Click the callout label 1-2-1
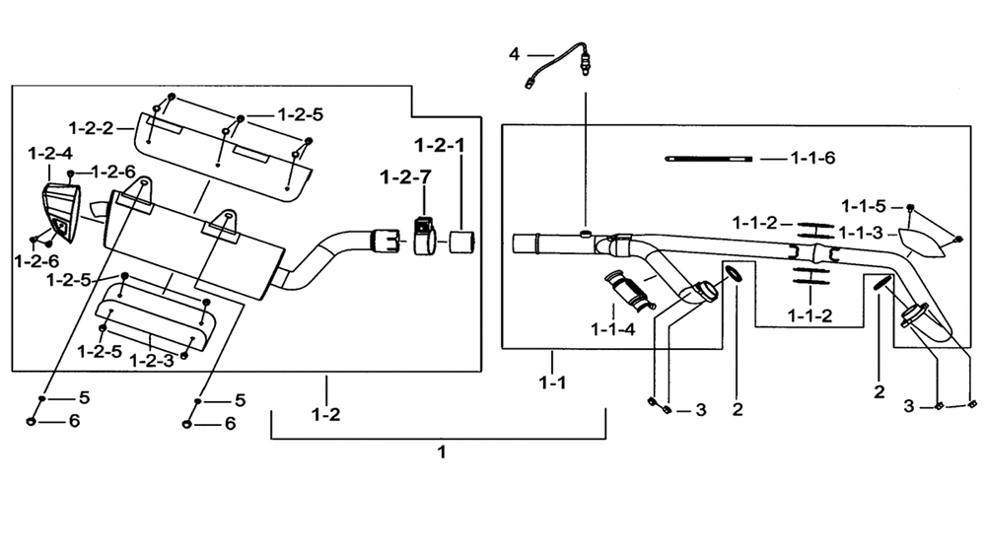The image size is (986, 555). pos(440,145)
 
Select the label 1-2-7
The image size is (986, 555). pos(405,177)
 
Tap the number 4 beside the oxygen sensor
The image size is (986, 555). pos(515,54)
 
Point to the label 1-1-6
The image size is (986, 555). pos(812,158)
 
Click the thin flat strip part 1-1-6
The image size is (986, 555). pos(709,159)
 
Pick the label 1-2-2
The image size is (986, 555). pos(91,128)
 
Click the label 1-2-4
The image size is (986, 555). pos(50,154)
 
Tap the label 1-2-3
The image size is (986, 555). pos(152,361)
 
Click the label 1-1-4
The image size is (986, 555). pos(613,328)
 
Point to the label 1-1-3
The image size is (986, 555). pos(860,234)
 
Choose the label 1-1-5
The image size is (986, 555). pos(864,206)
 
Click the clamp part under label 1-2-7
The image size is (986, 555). pos(424,236)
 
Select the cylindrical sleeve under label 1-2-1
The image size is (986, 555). pos(462,242)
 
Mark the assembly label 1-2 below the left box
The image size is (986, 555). pos(325,414)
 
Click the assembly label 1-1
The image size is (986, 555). pos(552,382)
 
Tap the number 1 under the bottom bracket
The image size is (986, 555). pos(442,451)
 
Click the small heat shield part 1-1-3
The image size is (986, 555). pos(922,243)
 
